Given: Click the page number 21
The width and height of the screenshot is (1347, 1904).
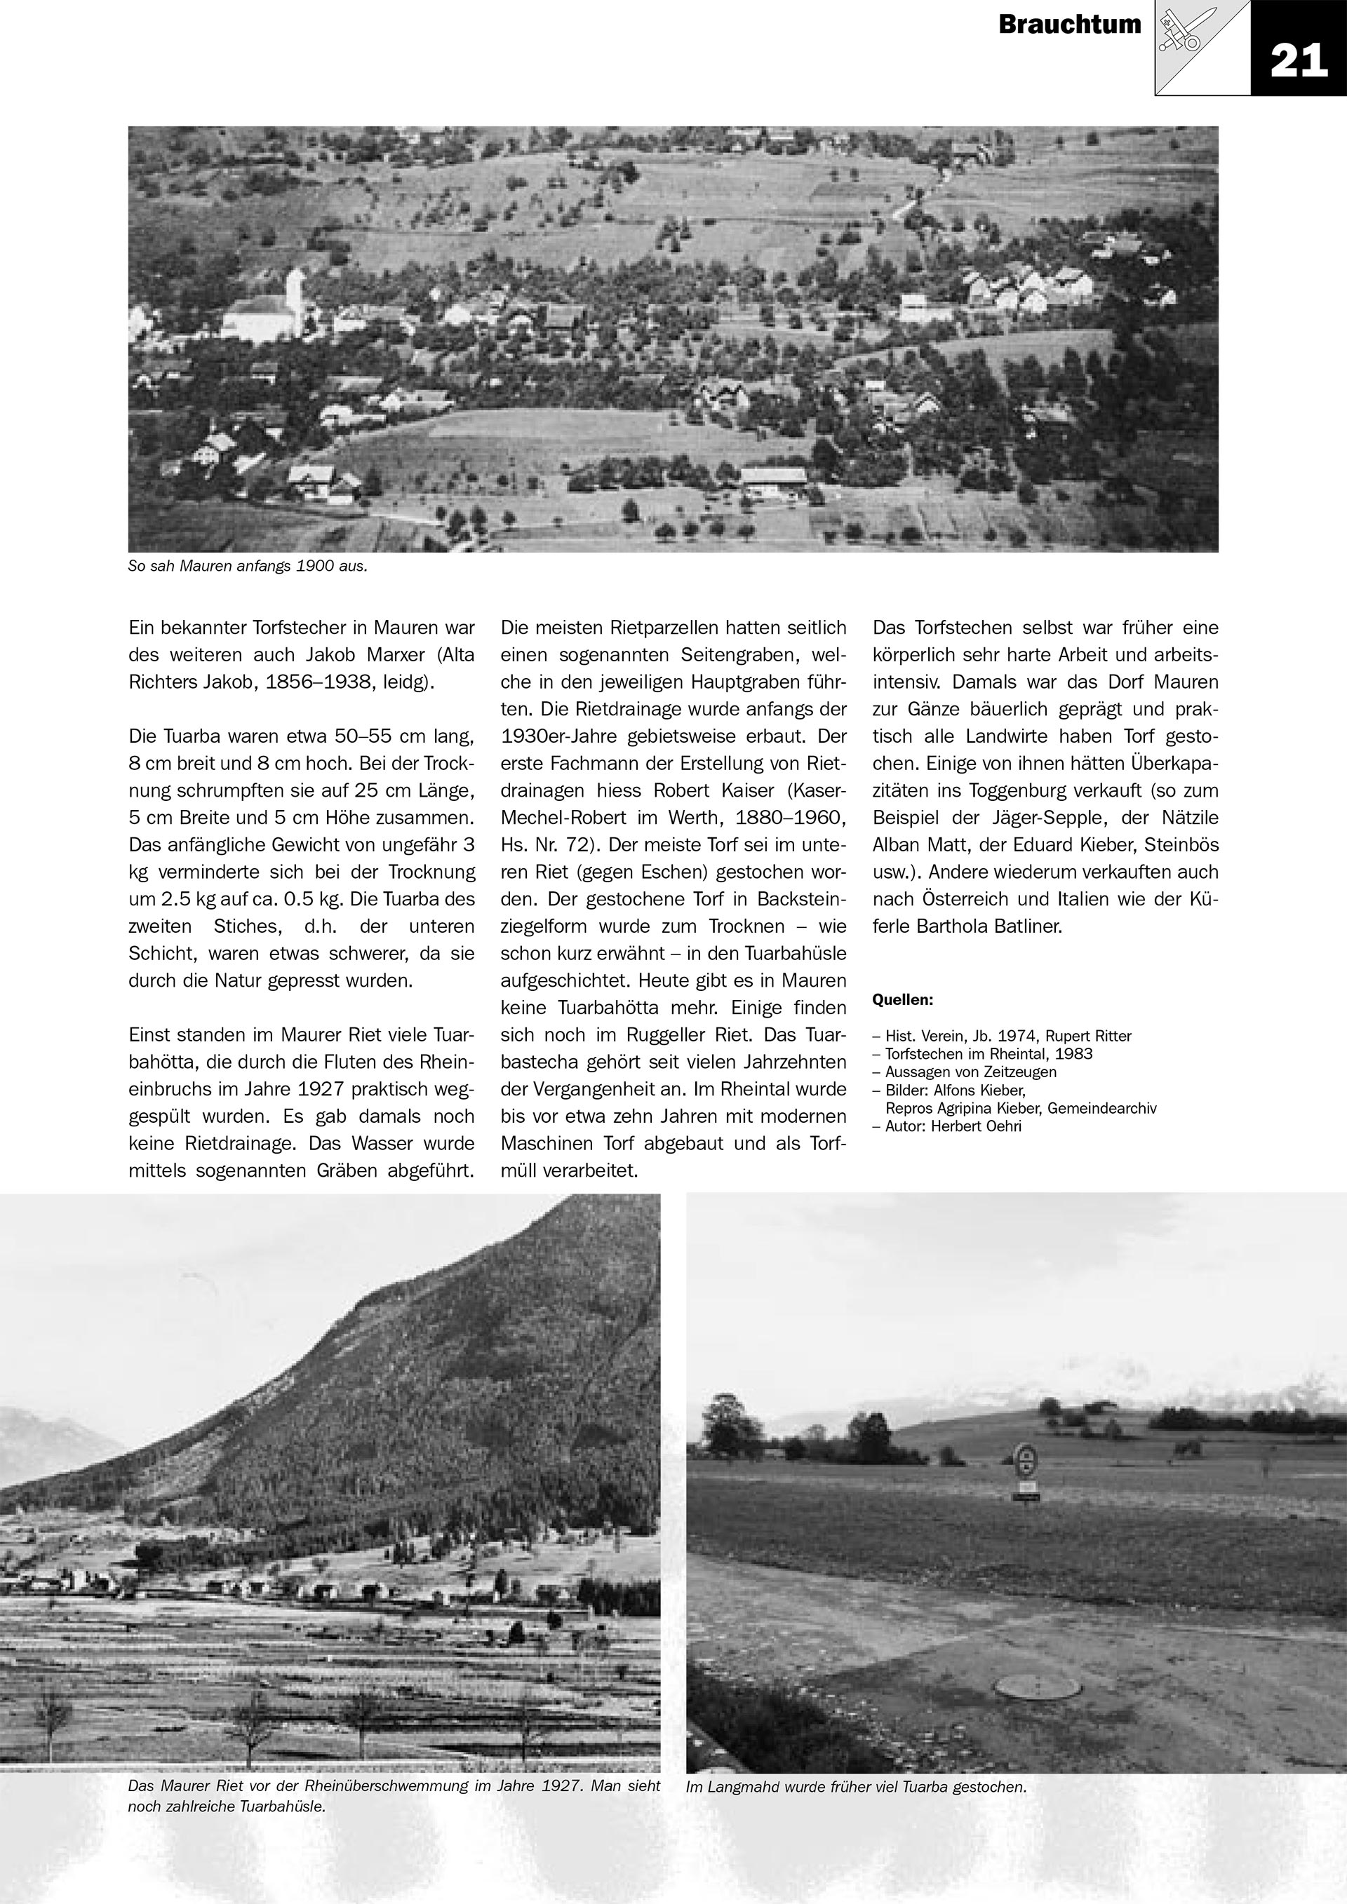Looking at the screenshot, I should [1298, 60].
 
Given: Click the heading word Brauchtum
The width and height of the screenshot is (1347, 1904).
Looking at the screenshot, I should [1069, 25].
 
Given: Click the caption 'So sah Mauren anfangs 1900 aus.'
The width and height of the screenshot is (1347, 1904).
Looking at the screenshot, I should [246, 568].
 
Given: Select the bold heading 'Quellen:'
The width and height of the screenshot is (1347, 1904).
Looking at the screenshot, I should [902, 1000].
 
